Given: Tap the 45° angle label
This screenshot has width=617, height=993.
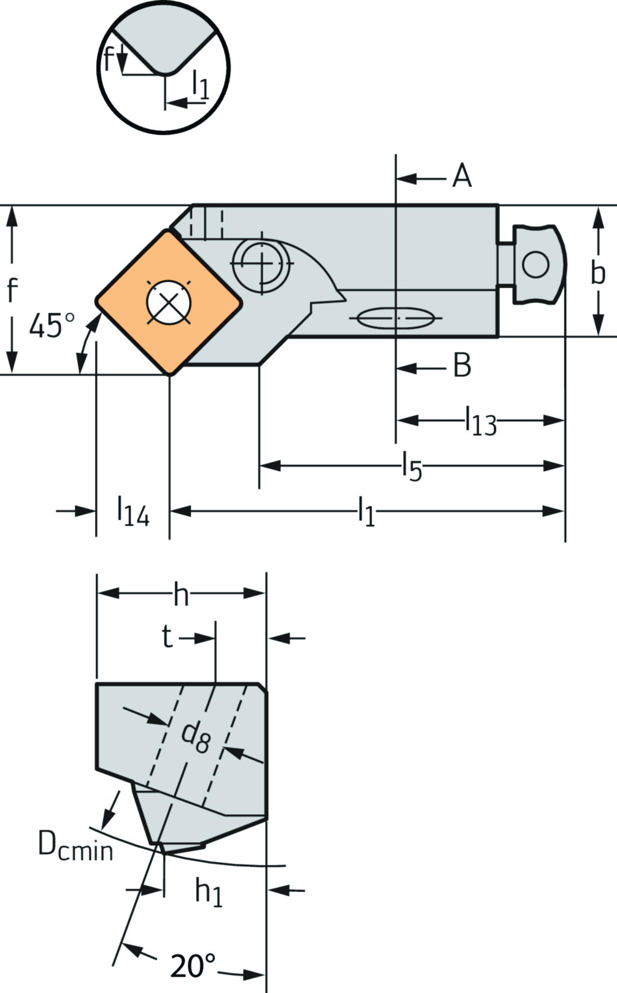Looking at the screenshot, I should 52,326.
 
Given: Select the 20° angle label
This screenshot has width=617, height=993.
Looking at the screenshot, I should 192,966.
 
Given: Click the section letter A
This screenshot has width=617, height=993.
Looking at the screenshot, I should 462,177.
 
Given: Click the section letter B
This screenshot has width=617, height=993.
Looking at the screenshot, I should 462,365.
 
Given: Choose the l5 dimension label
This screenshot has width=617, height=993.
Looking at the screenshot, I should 412,467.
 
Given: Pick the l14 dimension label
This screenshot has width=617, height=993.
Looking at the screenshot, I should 133,511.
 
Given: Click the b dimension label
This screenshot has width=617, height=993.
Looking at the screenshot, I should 597,272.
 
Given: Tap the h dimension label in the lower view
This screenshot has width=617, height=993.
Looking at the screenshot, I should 181,595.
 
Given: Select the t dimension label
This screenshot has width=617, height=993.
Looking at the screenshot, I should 168,637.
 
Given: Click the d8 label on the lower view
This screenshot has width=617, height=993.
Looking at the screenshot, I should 196,737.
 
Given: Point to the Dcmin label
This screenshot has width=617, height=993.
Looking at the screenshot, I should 75,845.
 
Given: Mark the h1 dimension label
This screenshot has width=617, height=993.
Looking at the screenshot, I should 208,891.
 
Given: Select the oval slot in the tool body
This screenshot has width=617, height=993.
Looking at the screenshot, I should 395,318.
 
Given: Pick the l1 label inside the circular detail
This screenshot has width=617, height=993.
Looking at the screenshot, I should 200,84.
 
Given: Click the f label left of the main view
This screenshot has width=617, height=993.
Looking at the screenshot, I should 11,290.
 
